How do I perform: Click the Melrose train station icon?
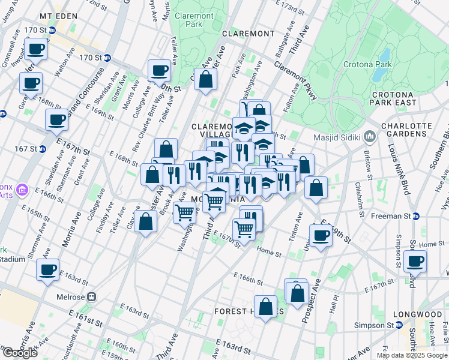click(92, 296)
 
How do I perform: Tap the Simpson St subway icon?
click(397, 325)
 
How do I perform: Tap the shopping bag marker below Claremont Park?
click(205, 79)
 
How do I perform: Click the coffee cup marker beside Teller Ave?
click(160, 71)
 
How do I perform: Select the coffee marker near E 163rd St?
click(47, 269)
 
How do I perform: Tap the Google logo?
click(19, 353)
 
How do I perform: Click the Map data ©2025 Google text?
click(411, 355)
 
